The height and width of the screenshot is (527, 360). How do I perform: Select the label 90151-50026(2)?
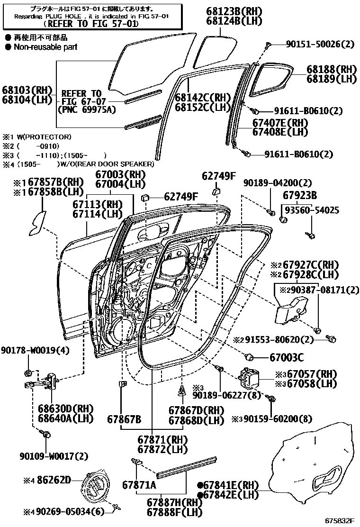pyautogui.click(x=320, y=45)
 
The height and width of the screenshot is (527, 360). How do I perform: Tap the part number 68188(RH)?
pyautogui.click(x=331, y=69)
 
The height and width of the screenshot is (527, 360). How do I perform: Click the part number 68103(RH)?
pyautogui.click(x=26, y=89)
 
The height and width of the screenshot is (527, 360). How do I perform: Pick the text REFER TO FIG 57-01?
pyautogui.click(x=90, y=23)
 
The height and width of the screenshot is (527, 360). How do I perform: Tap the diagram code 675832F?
pyautogui.click(x=340, y=520)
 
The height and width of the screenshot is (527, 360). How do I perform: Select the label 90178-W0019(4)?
pyautogui.click(x=35, y=350)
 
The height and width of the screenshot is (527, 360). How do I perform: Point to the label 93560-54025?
pyautogui.click(x=311, y=209)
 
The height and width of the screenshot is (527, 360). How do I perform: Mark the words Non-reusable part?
pyautogui.click(x=45, y=47)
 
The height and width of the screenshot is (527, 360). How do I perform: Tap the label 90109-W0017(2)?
pyautogui.click(x=54, y=456)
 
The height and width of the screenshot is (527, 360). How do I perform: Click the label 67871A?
pyautogui.click(x=139, y=484)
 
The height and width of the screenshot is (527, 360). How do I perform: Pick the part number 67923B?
pyautogui.click(x=300, y=195)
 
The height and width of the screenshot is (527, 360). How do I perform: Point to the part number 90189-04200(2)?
pyautogui.click(x=271, y=183)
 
